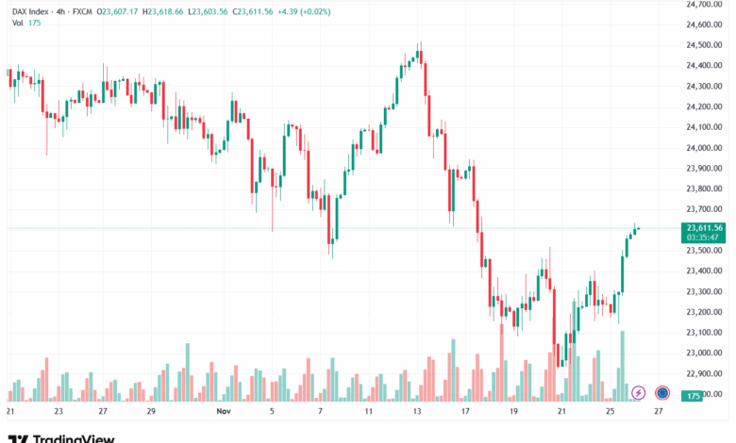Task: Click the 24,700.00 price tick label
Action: (x=705, y=4)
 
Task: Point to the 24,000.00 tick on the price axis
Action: (x=705, y=148)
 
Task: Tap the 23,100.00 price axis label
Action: (x=705, y=333)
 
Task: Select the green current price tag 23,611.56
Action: (x=705, y=227)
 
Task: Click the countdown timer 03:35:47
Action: (x=705, y=238)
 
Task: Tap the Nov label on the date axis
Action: (x=224, y=412)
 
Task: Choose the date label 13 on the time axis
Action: (x=416, y=412)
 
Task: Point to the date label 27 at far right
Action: (x=658, y=412)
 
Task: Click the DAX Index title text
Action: (x=32, y=10)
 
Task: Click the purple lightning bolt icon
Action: (x=639, y=392)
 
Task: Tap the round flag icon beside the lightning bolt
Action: (x=662, y=392)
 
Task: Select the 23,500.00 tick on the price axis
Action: (x=705, y=251)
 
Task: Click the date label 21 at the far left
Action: (x=10, y=412)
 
